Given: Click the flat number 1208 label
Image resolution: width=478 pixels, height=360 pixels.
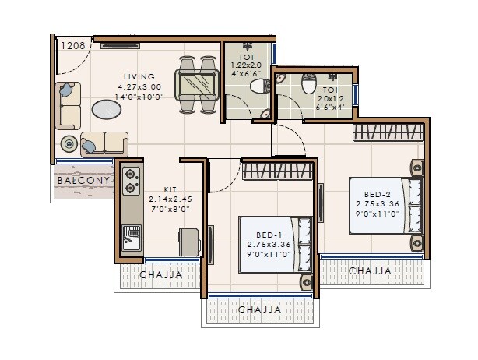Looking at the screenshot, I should click(x=75, y=46).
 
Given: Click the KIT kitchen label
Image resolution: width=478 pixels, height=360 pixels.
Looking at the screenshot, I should click(x=170, y=189).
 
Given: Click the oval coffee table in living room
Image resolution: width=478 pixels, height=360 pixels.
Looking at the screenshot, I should click(x=107, y=110).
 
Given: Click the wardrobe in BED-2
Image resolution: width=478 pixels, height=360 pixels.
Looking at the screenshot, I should click(x=387, y=132).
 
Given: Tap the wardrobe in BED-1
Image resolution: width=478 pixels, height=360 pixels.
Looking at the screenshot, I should click(x=276, y=171).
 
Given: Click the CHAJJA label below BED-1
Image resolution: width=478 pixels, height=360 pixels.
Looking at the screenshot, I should click(x=258, y=310).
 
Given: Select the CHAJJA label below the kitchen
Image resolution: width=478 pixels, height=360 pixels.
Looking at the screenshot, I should click(x=160, y=274).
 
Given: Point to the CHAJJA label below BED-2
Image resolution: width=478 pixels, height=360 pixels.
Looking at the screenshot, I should click(x=370, y=270).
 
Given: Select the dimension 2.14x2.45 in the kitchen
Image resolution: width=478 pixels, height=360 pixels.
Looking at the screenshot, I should click(x=170, y=199).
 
